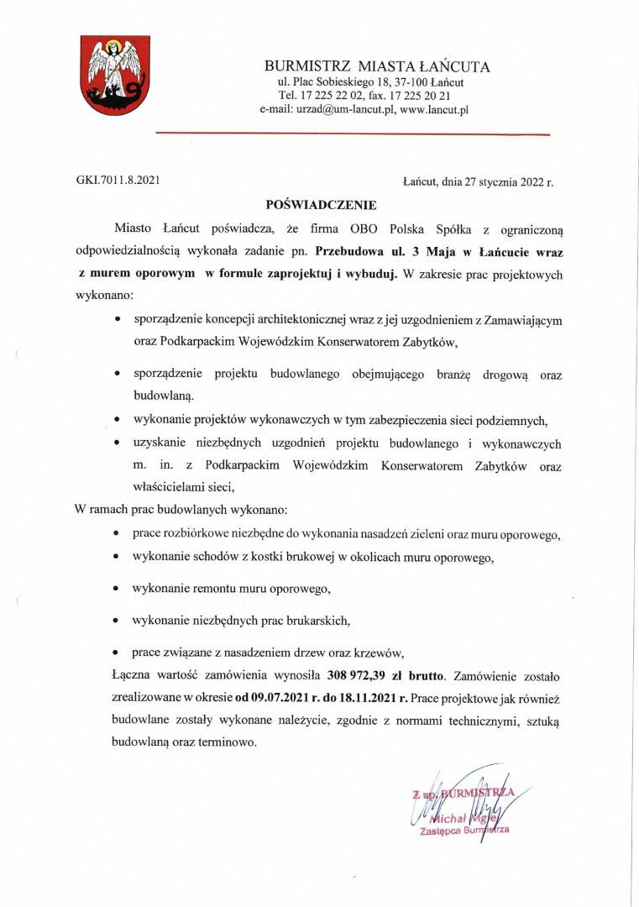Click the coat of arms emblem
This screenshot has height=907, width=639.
coord(115,75)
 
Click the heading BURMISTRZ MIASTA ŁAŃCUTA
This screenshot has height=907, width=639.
coord(377,66)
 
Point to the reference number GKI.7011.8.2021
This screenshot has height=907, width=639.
coord(117,180)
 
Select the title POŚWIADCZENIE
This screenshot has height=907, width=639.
coord(321,204)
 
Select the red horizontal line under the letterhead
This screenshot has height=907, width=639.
coord(353,134)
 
